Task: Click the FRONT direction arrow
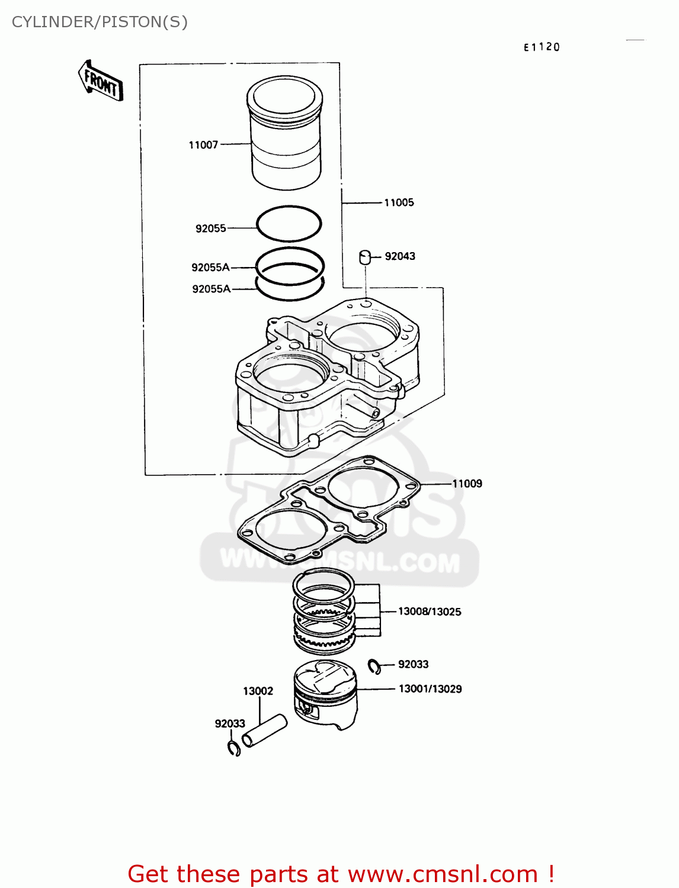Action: coord(101,81)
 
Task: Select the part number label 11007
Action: coord(203,145)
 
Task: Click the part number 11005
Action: coord(399,202)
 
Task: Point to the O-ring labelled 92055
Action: coord(289,224)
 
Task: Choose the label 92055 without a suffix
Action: coord(211,229)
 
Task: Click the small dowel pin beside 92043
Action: coord(365,257)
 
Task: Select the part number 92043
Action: coord(400,256)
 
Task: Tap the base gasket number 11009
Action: coord(467,484)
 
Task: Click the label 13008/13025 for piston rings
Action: coord(430,612)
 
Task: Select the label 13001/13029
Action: coord(430,689)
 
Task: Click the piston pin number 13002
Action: coord(258,691)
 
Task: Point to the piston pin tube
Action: coord(264,731)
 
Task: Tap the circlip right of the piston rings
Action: coord(374,666)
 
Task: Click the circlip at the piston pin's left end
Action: coord(233,748)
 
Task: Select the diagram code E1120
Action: coord(542,47)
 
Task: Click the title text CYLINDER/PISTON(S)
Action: coord(100,22)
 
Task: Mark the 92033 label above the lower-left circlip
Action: coord(230,723)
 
